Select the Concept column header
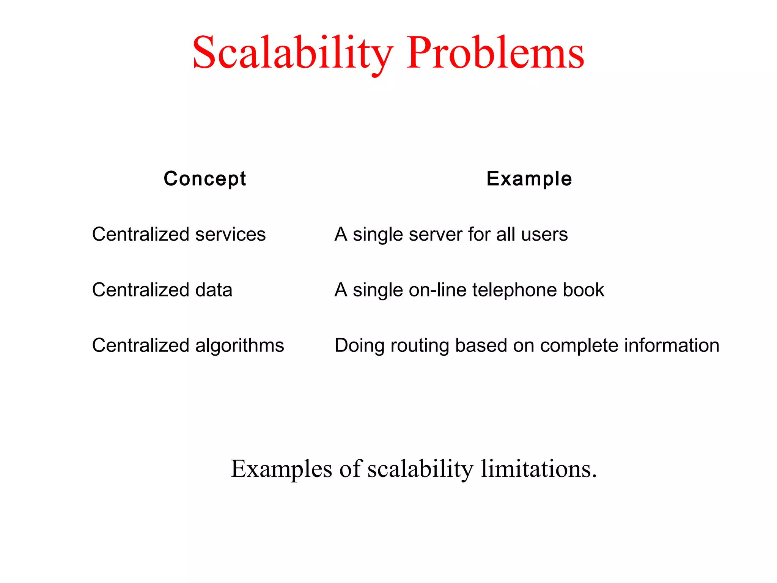(205, 179)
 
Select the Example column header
(529, 179)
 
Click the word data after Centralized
(214, 290)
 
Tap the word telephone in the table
(514, 290)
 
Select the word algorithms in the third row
(239, 346)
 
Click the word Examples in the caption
(282, 469)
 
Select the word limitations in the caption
(539, 469)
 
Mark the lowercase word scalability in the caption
(420, 469)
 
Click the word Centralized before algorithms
(141, 346)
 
